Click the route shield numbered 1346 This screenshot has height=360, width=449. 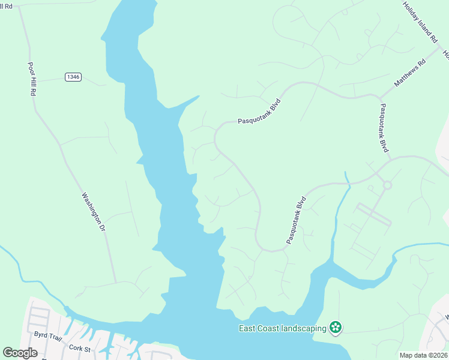[x=73, y=77]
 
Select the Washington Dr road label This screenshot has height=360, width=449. [x=94, y=212]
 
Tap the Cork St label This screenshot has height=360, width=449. [x=79, y=348]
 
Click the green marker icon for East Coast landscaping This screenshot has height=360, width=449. [x=336, y=328]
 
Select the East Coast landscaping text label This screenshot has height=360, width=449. [x=282, y=328]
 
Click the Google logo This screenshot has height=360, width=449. [x=20, y=353]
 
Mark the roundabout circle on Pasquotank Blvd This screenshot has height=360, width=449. [x=387, y=185]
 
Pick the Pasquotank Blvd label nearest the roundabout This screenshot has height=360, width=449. [x=384, y=128]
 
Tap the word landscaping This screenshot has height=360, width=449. [x=303, y=328]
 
